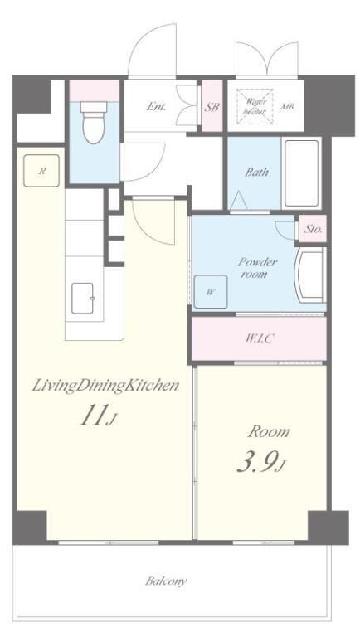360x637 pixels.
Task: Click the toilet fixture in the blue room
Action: click(x=94, y=122)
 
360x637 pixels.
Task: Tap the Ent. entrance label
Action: click(x=156, y=107)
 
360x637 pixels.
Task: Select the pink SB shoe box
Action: click(x=212, y=106)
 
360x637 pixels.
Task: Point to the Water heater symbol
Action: click(x=255, y=106)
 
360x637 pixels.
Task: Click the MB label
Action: click(x=287, y=107)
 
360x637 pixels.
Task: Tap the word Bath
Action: click(x=256, y=172)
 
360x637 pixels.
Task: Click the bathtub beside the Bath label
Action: click(x=301, y=173)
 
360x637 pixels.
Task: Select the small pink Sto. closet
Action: click(x=313, y=228)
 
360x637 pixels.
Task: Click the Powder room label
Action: click(x=258, y=267)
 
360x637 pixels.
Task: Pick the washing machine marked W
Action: click(x=211, y=291)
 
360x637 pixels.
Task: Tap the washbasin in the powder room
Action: click(x=310, y=275)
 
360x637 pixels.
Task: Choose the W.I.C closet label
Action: click(x=259, y=338)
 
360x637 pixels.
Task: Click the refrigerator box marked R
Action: click(x=41, y=171)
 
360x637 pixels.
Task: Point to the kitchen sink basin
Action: click(x=83, y=299)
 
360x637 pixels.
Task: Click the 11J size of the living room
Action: click(x=99, y=416)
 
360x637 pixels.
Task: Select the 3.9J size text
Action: click(x=262, y=463)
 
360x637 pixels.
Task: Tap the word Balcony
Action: click(x=166, y=581)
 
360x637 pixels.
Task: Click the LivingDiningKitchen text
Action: click(x=105, y=385)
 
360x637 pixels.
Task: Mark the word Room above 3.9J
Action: click(x=269, y=431)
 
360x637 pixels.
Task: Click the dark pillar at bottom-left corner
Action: click(x=29, y=528)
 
